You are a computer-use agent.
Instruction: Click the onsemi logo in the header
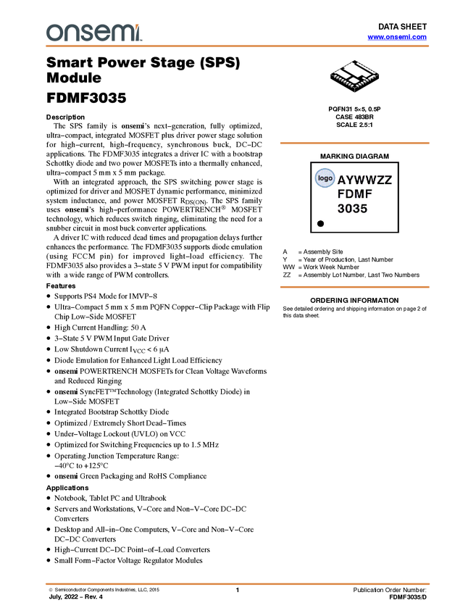coord(93,33)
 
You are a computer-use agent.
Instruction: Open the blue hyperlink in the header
coord(397,37)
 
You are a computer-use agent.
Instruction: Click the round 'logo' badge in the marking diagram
coord(325,178)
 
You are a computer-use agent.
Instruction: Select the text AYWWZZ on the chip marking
coord(364,180)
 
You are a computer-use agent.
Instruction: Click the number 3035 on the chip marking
coord(353,209)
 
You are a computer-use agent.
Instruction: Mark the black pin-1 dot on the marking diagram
coord(320,224)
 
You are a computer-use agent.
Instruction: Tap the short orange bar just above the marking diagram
coord(354,143)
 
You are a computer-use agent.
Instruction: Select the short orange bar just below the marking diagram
coord(354,287)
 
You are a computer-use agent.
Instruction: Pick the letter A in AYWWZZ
coord(342,180)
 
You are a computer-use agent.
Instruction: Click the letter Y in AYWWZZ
coord(351,180)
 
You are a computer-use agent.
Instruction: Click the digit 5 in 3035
coord(364,209)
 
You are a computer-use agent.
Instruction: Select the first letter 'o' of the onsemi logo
coord(54,33)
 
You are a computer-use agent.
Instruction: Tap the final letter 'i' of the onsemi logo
coord(139,33)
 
